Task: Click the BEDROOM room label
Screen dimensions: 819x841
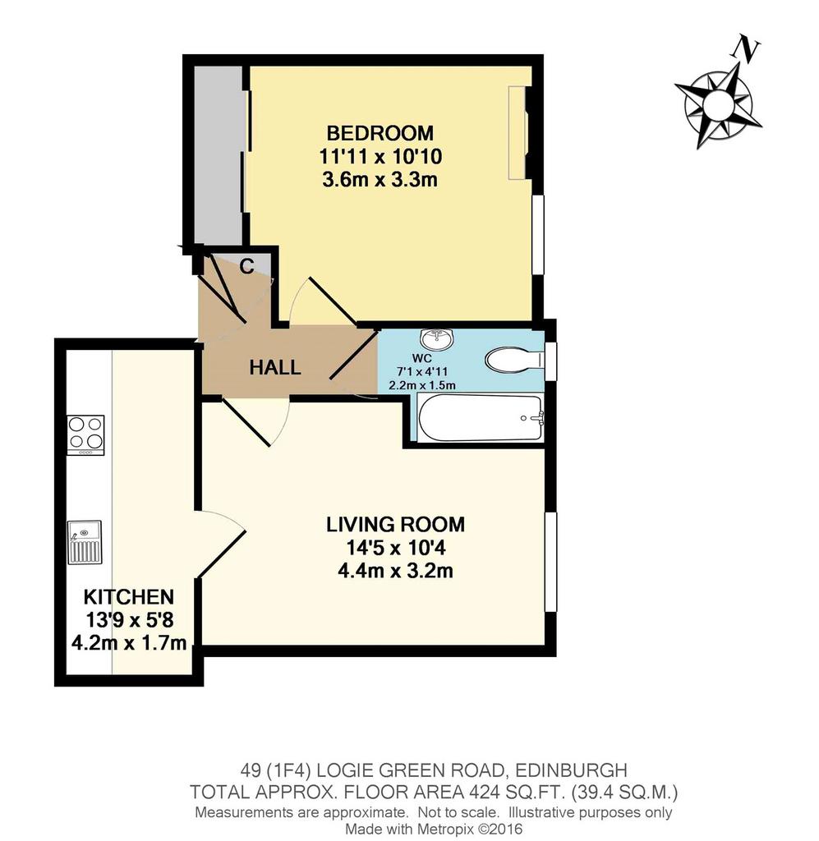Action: [380, 132]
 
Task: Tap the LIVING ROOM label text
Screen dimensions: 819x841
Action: [395, 524]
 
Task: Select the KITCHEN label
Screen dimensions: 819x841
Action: [129, 596]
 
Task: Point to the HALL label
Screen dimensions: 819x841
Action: [275, 367]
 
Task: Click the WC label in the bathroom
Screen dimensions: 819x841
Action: [421, 358]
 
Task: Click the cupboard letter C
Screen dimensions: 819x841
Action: [246, 266]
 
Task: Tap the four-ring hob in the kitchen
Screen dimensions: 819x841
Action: [85, 435]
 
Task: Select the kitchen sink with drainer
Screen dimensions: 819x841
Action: [85, 542]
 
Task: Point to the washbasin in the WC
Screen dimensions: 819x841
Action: [438, 338]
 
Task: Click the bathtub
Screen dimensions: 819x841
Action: [480, 418]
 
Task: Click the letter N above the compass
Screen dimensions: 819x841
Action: [746, 48]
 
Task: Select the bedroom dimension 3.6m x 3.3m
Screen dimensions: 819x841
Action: [380, 179]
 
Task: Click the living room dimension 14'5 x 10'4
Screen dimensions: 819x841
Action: [396, 548]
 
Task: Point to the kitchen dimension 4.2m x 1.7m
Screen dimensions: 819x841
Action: [129, 642]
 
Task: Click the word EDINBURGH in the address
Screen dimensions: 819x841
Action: [571, 770]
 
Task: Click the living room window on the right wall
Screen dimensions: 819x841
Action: [550, 562]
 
